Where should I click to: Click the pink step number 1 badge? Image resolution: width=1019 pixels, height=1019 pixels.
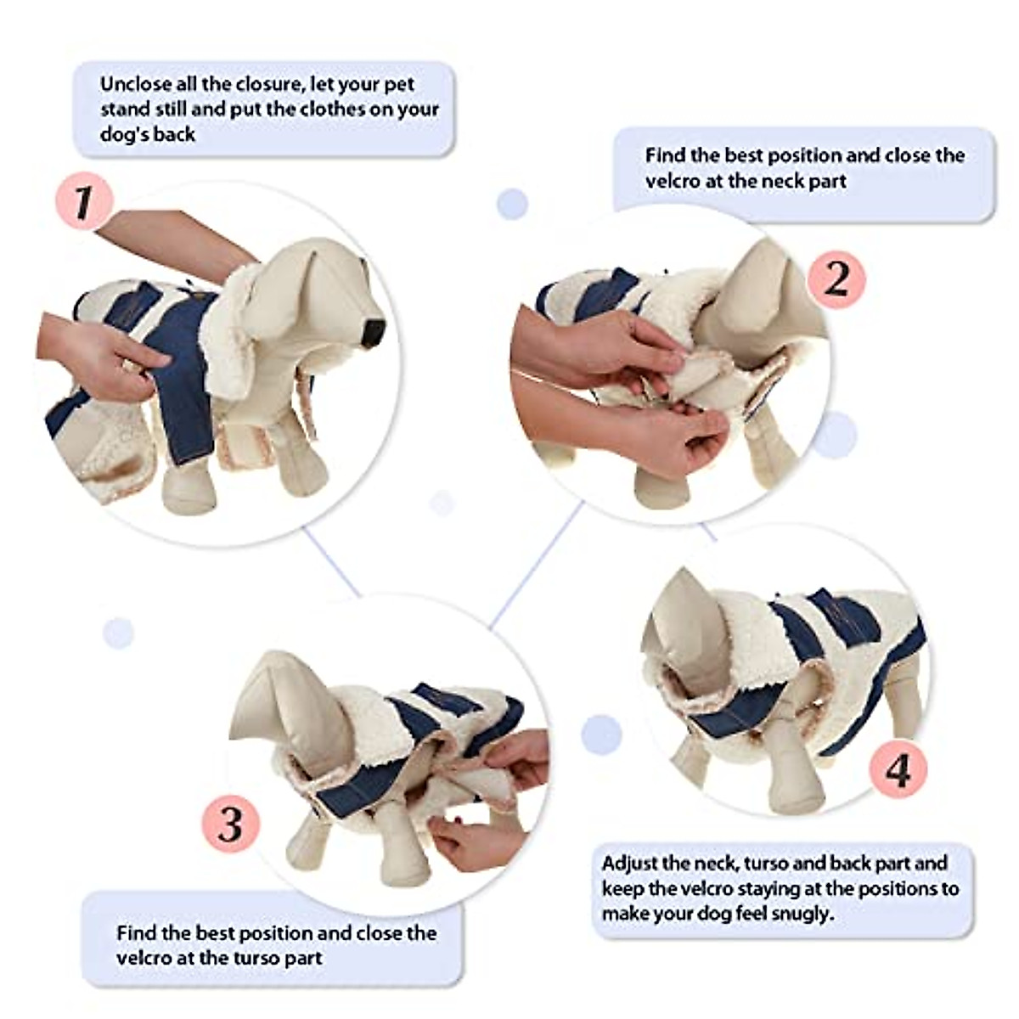click(x=82, y=202)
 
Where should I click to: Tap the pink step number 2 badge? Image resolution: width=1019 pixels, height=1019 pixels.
click(x=836, y=278)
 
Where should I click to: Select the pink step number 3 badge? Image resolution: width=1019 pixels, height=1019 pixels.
click(x=230, y=825)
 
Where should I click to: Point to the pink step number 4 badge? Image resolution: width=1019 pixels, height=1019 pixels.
click(x=898, y=771)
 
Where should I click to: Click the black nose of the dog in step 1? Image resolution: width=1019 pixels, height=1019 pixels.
click(x=373, y=332)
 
